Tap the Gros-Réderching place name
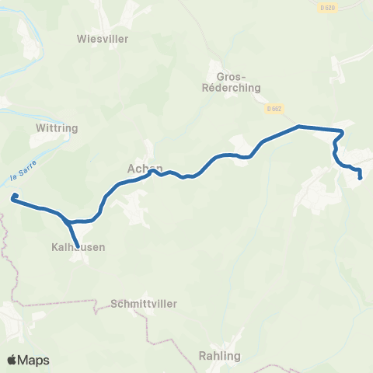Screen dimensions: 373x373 click(230, 82)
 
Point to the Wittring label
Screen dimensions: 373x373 click(54, 126)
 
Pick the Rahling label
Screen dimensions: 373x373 click(219, 355)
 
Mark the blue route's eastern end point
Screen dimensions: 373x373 click(361, 178)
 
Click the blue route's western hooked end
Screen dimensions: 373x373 click(14, 197)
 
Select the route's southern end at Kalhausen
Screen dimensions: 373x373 click(77, 246)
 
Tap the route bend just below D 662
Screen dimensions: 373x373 click(299, 125)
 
